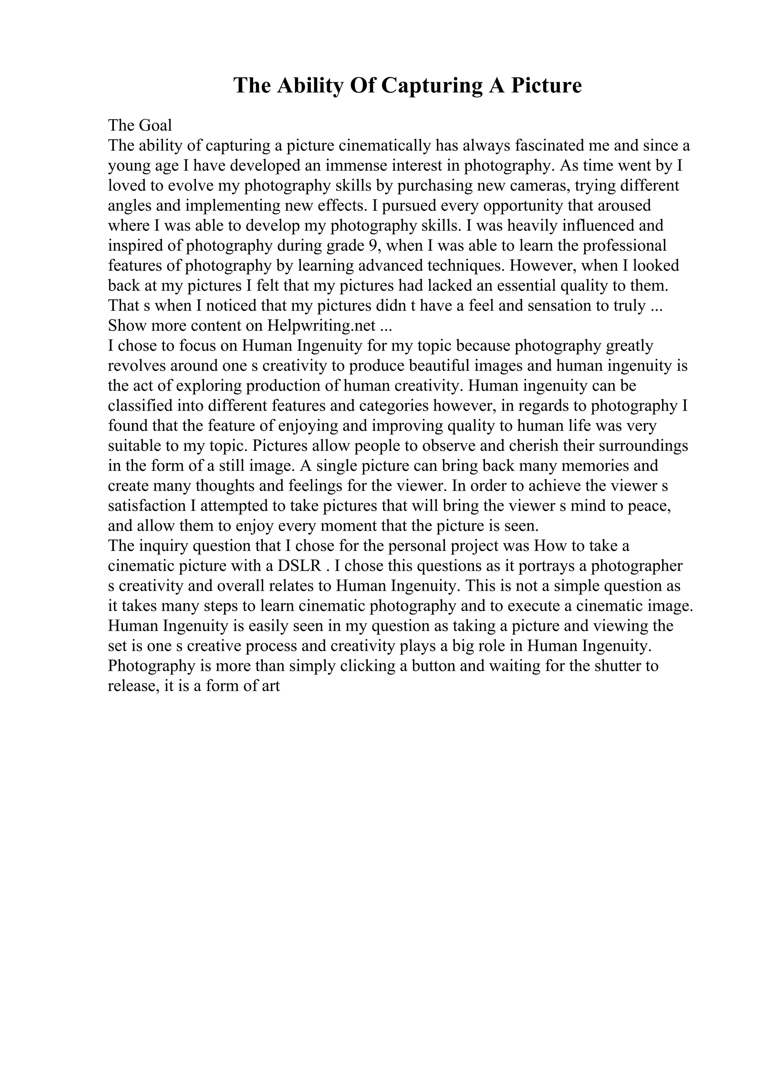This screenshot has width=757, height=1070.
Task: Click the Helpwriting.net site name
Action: pyautogui.click(x=322, y=326)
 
